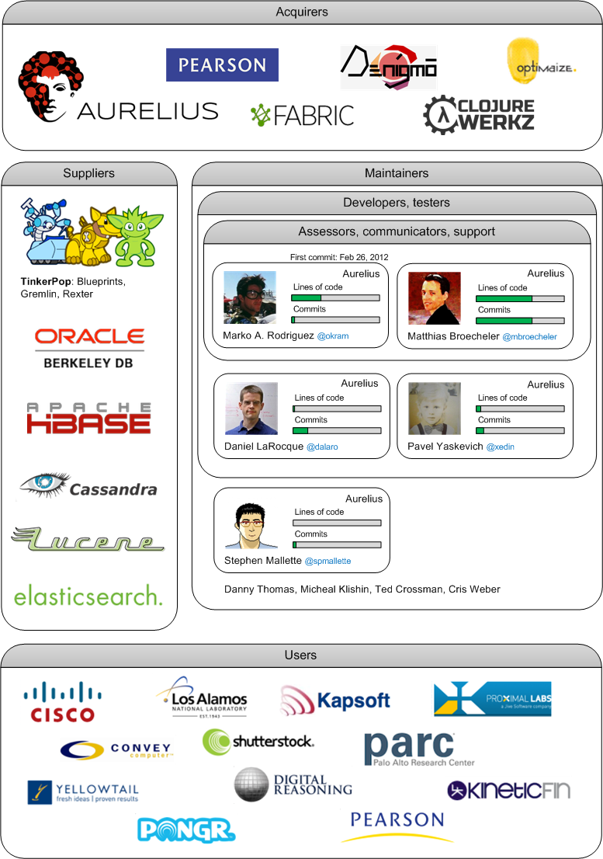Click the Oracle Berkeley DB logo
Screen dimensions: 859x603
(x=89, y=347)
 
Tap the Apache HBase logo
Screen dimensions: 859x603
(x=88, y=418)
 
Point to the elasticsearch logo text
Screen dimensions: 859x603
(x=88, y=596)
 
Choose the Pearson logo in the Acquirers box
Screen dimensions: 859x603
(x=222, y=65)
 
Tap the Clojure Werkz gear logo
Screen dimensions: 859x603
(x=479, y=113)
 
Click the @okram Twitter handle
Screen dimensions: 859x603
(x=333, y=336)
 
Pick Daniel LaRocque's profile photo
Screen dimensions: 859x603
(x=251, y=409)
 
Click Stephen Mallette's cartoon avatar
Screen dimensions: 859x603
(x=251, y=526)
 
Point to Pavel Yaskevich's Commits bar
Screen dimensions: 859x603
(x=520, y=430)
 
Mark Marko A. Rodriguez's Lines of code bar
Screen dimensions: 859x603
(x=335, y=297)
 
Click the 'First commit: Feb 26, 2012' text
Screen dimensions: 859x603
(x=339, y=257)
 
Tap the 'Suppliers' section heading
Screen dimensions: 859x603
(x=88, y=173)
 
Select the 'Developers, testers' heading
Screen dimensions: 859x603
(x=397, y=203)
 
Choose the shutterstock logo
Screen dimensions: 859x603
(x=258, y=742)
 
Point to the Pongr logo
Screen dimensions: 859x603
(x=186, y=829)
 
